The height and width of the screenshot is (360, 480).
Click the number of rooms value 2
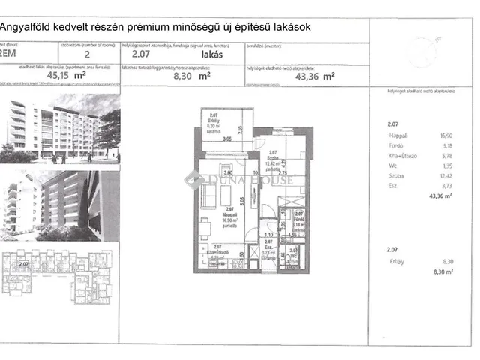(88, 53)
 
